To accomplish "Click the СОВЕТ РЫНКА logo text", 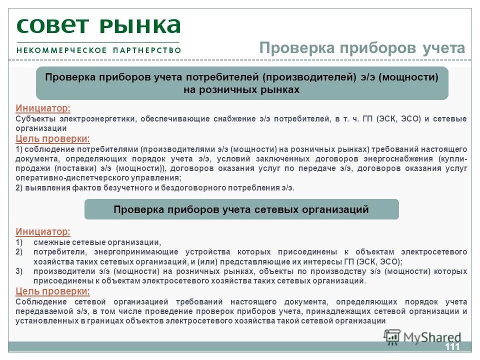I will pyautogui.click(x=98, y=25).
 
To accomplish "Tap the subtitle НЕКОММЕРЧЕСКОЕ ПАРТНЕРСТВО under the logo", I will pyautogui.click(x=98, y=50).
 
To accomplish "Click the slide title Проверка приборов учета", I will pyautogui.click(x=362, y=48).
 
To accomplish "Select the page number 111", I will pyautogui.click(x=451, y=347).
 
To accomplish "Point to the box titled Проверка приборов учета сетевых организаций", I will pyautogui.click(x=241, y=209).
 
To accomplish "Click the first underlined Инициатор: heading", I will pyautogui.click(x=43, y=108).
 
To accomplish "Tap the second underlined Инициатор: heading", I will pyautogui.click(x=43, y=232).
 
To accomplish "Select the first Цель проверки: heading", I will pyautogui.click(x=53, y=139).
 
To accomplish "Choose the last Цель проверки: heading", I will pyautogui.click(x=53, y=291).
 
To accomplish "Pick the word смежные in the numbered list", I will pyautogui.click(x=50, y=242).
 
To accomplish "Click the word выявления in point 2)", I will pyautogui.click(x=44, y=188).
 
